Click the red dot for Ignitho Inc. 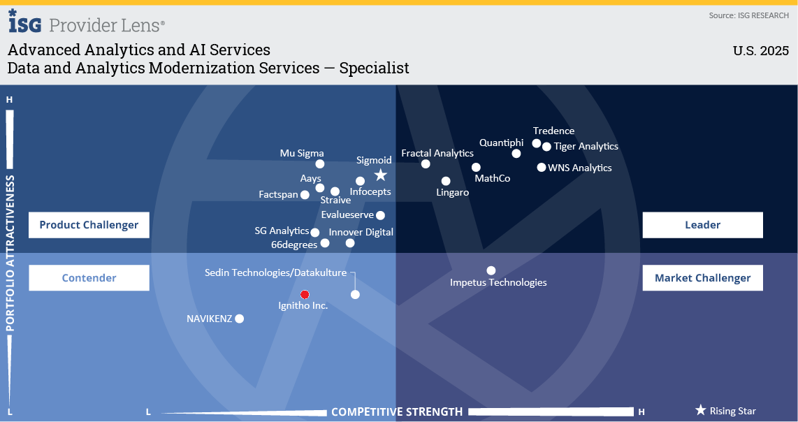click(x=305, y=294)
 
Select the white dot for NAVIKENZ click(x=239, y=319)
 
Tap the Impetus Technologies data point click(x=491, y=270)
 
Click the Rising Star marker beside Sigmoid click(x=380, y=175)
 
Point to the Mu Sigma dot click(x=320, y=164)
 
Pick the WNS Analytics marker click(x=542, y=167)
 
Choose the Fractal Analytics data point click(x=426, y=164)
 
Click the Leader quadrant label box click(x=702, y=225)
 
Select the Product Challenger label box click(x=89, y=225)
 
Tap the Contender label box click(x=89, y=278)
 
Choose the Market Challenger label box click(x=702, y=278)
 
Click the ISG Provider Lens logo click(x=87, y=23)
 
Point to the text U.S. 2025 click(x=760, y=51)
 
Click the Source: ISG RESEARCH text click(x=748, y=15)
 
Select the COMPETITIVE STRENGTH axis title click(x=397, y=412)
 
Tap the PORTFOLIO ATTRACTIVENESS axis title click(x=10, y=253)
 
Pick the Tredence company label click(x=553, y=131)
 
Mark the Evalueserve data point click(x=380, y=215)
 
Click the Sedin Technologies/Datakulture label click(x=275, y=272)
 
